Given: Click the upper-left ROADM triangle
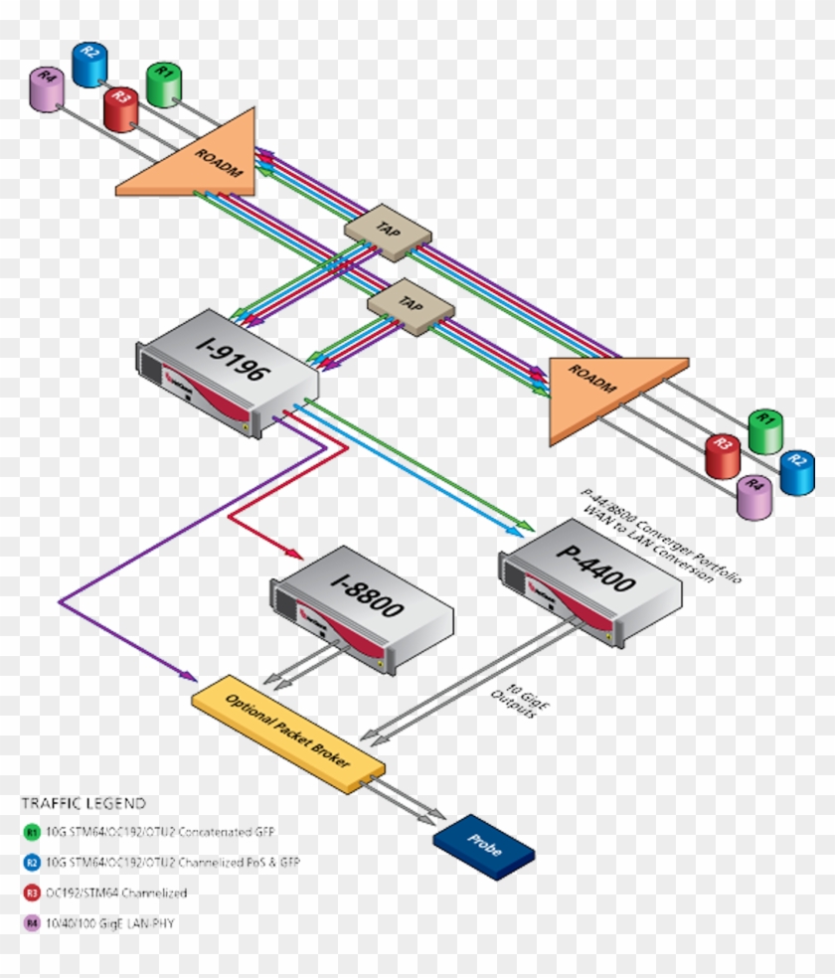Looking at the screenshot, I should (x=199, y=159).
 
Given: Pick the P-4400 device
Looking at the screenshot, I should (x=591, y=582).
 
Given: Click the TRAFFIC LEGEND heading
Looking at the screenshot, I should (x=83, y=803).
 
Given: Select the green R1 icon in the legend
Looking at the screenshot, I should (x=33, y=832).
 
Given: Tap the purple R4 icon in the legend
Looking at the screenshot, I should (x=33, y=923).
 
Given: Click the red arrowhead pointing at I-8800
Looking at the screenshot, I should (x=296, y=554).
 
